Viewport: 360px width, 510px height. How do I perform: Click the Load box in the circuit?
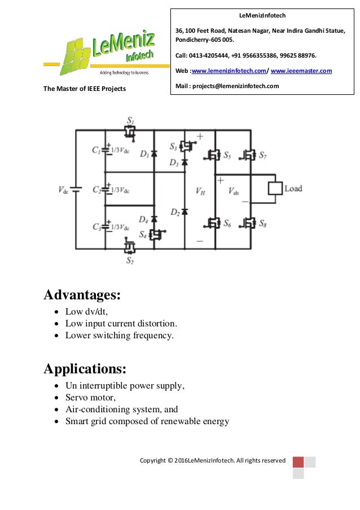click(x=274, y=189)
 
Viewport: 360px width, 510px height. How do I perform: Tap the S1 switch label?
click(x=130, y=120)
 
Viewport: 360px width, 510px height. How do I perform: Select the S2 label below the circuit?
click(x=130, y=260)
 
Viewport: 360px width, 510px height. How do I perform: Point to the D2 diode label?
click(x=175, y=212)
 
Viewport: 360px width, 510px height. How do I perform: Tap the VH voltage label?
click(x=200, y=191)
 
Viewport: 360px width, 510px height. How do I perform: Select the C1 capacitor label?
click(x=96, y=150)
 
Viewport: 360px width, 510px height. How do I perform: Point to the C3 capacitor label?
click(x=96, y=227)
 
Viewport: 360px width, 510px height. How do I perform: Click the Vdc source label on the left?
click(x=63, y=190)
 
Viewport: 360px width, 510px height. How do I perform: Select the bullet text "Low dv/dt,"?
click(x=86, y=312)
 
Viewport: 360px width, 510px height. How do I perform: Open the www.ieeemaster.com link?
click(x=301, y=71)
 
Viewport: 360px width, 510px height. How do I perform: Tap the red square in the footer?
click(x=298, y=461)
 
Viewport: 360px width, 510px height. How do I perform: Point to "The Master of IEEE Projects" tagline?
click(x=85, y=89)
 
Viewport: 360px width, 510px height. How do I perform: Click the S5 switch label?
click(x=227, y=155)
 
